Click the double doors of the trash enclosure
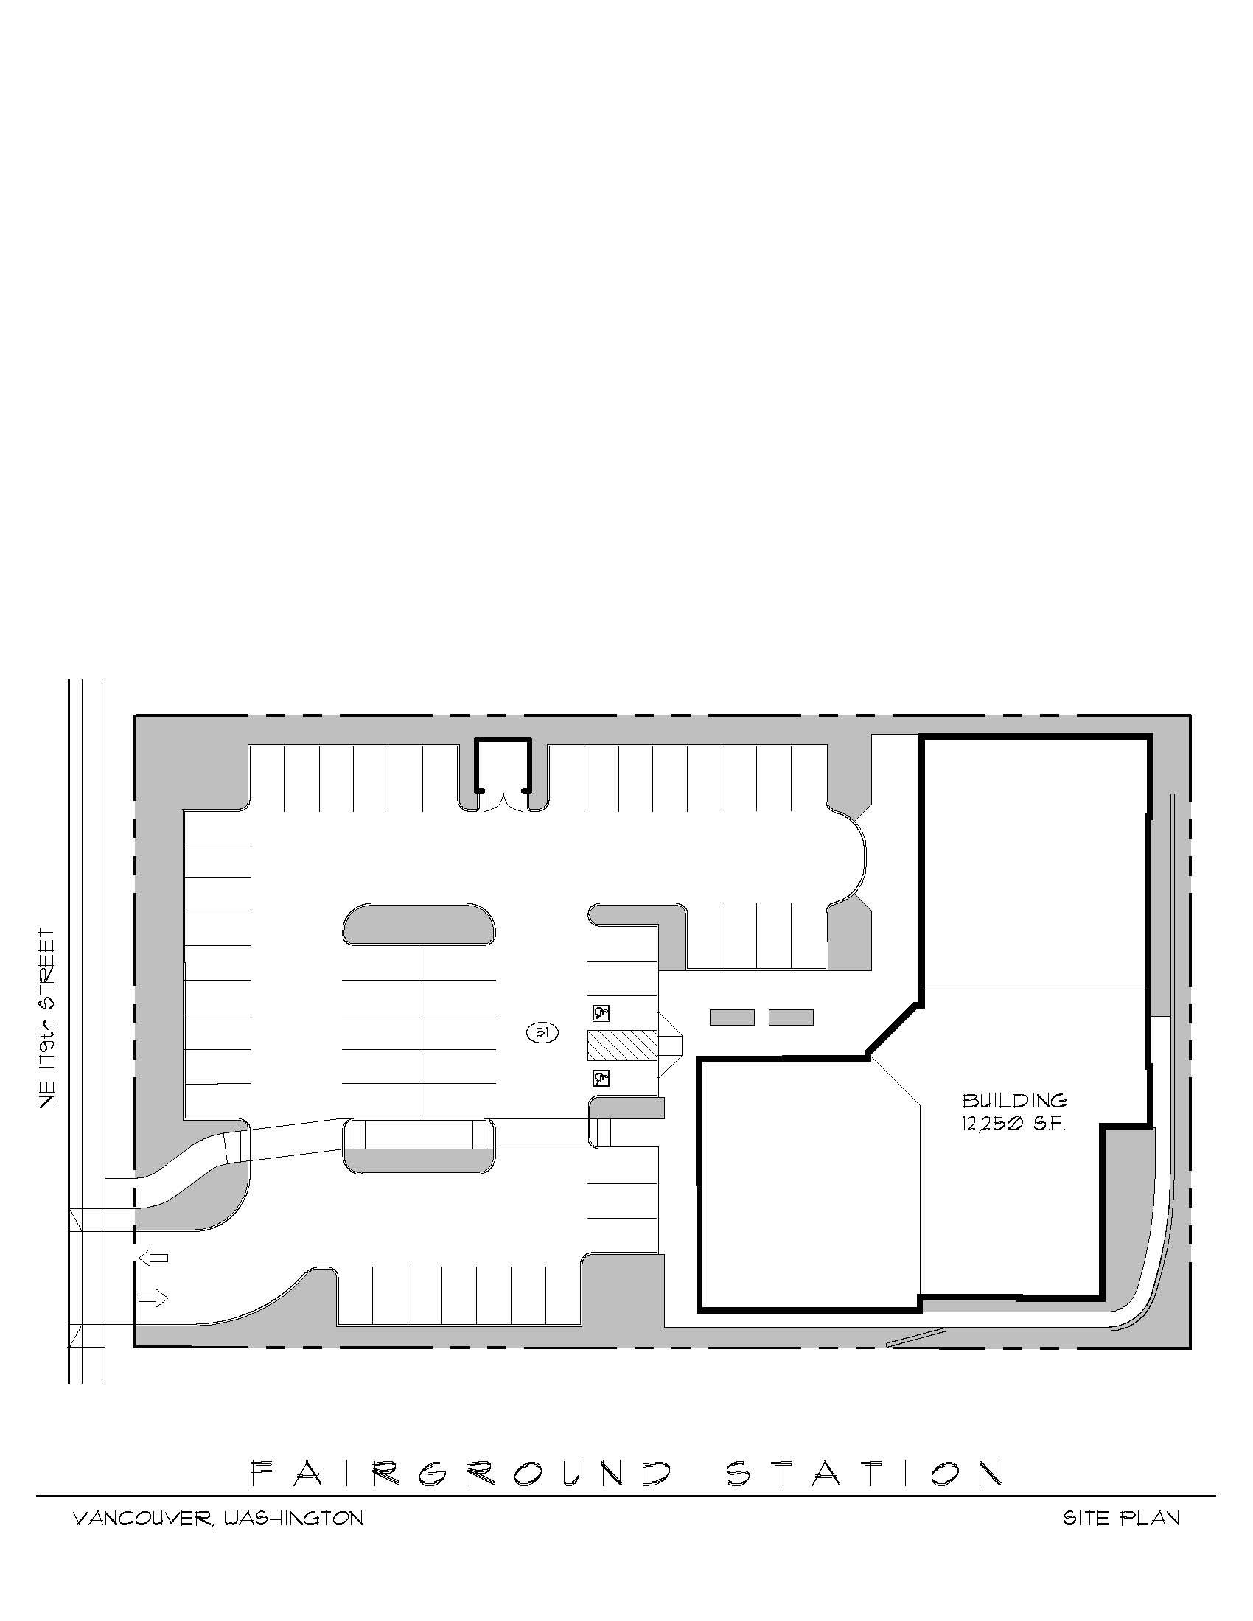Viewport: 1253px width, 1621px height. click(503, 802)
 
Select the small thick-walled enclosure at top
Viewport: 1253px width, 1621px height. click(503, 765)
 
